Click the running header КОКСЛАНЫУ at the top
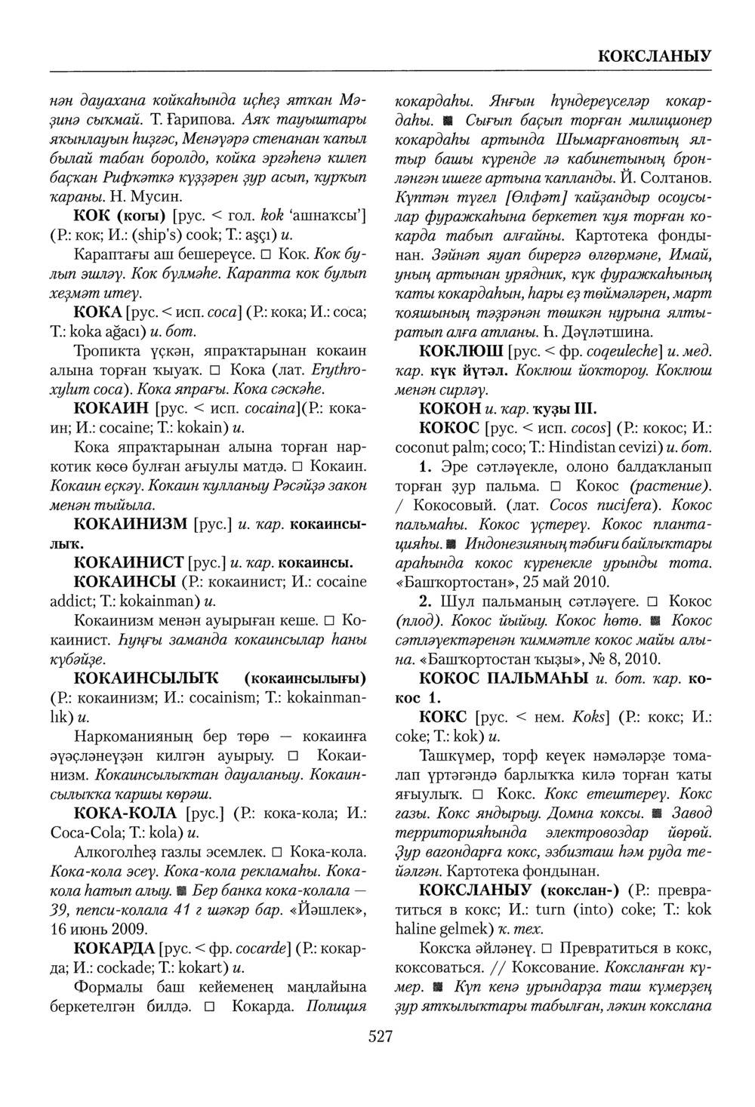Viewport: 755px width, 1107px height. [654, 55]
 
